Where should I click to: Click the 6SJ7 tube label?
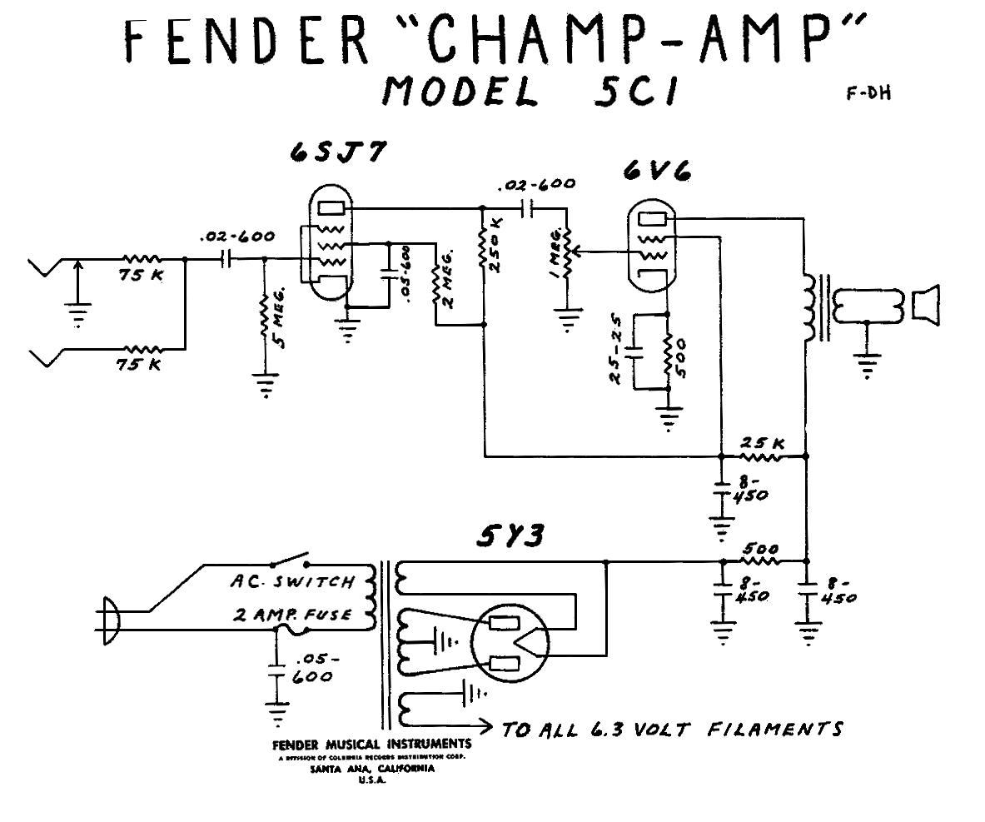coord(336,155)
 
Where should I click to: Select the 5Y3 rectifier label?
coord(510,537)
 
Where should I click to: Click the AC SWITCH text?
coord(291,581)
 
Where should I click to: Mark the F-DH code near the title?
coord(868,93)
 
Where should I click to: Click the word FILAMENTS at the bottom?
coord(774,729)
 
